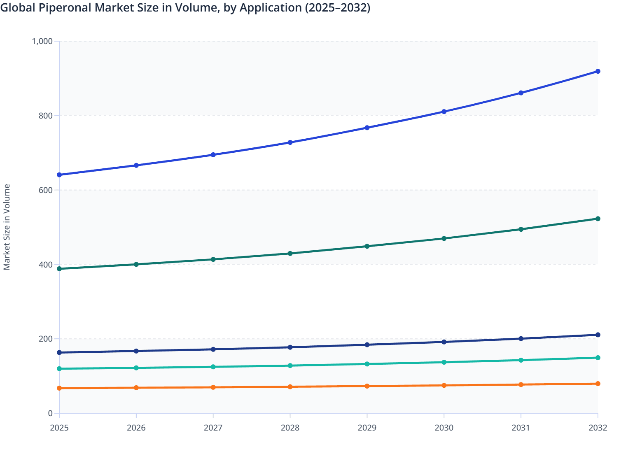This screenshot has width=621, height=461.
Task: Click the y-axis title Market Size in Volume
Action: (x=7, y=227)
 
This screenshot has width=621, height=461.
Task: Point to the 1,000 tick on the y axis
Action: (x=42, y=41)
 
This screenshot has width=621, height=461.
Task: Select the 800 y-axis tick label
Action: (x=46, y=116)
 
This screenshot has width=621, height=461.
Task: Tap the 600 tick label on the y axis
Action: (x=46, y=190)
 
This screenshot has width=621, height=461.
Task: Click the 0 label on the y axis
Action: (x=50, y=413)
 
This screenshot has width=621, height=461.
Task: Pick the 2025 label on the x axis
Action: (x=59, y=428)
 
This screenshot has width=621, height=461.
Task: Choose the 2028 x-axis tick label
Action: (x=290, y=428)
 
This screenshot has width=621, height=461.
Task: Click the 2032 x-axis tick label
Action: (x=598, y=428)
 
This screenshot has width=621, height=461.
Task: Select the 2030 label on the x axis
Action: (x=444, y=428)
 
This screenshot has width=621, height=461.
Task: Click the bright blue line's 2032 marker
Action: (x=598, y=71)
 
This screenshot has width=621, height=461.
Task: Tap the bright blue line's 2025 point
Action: (x=59, y=175)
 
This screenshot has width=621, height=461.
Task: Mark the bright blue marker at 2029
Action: (x=367, y=128)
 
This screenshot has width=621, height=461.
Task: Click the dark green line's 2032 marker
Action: (x=598, y=219)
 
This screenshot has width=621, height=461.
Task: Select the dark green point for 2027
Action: (x=213, y=259)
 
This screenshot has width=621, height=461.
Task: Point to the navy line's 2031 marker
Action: (x=521, y=339)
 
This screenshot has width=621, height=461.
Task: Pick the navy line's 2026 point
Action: (x=136, y=351)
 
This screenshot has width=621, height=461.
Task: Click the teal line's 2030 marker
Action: (x=444, y=362)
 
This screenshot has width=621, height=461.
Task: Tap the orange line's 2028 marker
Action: (x=290, y=387)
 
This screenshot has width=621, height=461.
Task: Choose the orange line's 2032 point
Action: (x=598, y=384)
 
